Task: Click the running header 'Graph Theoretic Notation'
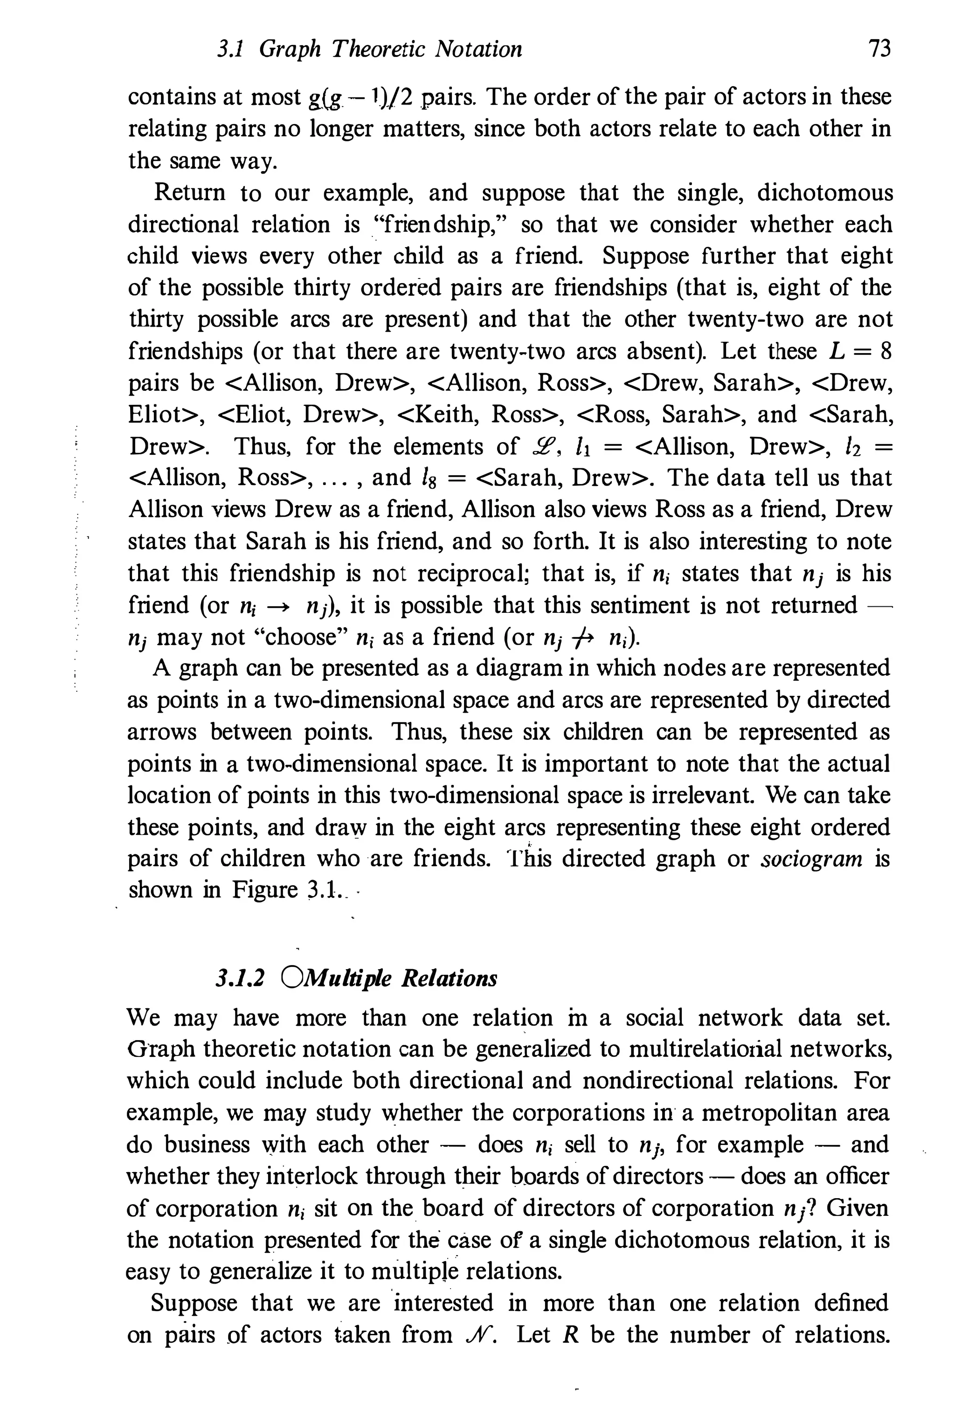click(x=390, y=49)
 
